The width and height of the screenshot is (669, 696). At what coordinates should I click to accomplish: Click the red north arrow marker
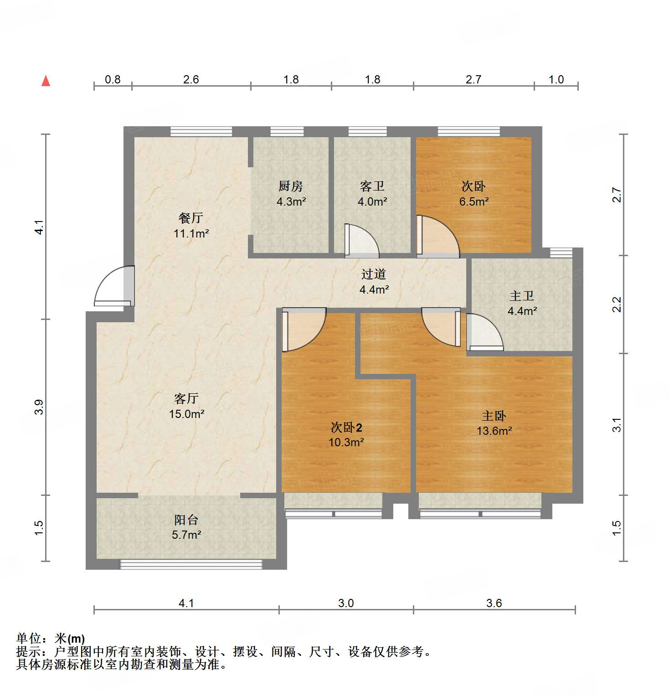(46, 81)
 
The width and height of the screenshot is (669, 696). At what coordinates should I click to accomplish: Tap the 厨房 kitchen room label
(290, 186)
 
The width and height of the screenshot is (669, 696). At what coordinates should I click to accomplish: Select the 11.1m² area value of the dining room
(191, 234)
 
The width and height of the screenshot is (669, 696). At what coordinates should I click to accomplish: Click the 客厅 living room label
(186, 398)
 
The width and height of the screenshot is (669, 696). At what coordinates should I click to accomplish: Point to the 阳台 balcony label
(186, 520)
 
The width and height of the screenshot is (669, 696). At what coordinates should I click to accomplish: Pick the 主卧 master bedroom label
(494, 416)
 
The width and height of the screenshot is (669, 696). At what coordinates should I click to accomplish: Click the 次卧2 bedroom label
(346, 427)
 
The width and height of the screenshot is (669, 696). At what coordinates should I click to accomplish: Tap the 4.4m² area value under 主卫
(522, 311)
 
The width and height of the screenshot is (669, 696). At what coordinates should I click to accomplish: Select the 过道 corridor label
(373, 274)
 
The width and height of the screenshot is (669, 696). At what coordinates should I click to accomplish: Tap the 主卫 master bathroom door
(484, 330)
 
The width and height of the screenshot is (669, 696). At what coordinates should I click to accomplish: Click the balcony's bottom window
(191, 564)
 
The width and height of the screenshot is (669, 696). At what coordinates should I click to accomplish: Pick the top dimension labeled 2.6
(191, 79)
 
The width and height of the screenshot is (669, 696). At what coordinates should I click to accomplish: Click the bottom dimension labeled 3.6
(494, 603)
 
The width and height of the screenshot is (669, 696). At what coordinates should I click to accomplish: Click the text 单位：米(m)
(51, 639)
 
